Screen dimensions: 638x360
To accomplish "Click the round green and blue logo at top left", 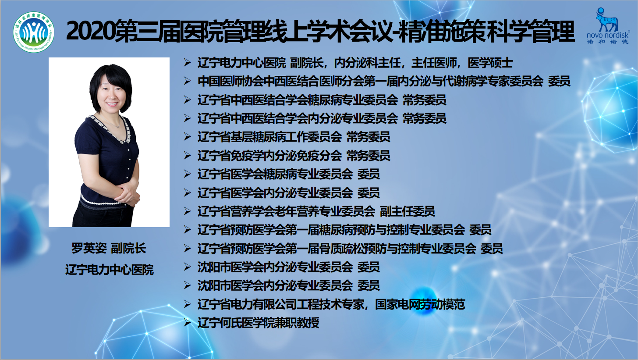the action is click(34, 32).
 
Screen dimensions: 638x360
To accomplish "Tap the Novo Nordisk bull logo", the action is click(607, 20).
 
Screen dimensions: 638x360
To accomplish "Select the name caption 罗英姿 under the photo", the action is click(89, 248).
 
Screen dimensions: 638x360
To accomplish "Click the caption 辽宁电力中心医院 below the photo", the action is click(110, 270).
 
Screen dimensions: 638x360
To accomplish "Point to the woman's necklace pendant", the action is click(118, 126).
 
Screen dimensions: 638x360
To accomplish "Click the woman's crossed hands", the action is click(128, 194).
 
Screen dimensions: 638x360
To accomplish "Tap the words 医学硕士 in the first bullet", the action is click(490, 63).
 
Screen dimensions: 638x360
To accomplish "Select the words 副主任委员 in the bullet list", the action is click(408, 211).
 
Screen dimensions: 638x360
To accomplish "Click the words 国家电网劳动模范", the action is click(420, 304).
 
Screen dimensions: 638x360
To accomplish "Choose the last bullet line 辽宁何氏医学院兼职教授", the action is click(259, 323).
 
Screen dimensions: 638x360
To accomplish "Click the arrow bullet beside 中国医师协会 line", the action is click(187, 81).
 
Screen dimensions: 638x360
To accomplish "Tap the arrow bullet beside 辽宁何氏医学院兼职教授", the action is click(187, 322).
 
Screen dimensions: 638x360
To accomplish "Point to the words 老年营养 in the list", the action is click(297, 211).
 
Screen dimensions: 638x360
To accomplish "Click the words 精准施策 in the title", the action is click(442, 32).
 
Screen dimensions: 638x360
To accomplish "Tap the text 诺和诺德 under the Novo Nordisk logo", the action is click(607, 42).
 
